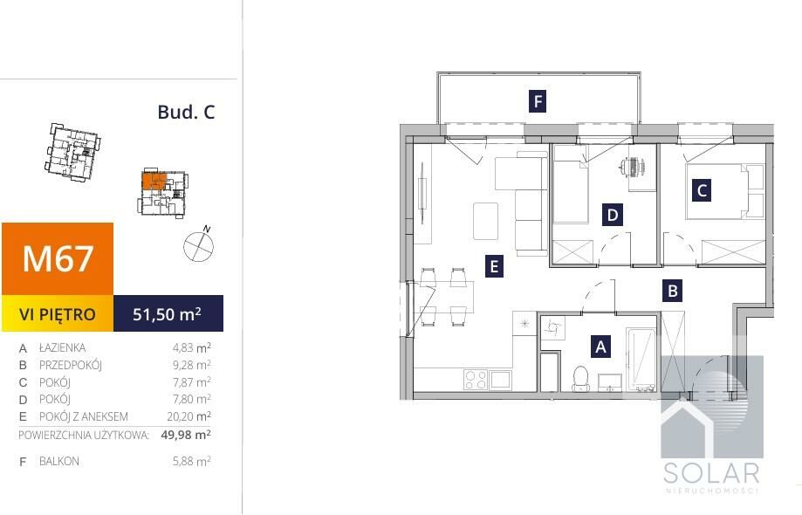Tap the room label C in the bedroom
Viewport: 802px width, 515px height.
702,190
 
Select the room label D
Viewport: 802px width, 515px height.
613,215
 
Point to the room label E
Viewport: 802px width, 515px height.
494,266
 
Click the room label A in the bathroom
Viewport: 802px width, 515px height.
600,347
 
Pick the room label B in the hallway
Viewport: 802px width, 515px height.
673,291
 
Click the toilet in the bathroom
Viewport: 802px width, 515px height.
580,379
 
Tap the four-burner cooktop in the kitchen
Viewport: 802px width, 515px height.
475,380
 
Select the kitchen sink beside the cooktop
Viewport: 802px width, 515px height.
501,380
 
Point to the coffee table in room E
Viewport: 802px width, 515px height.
485,221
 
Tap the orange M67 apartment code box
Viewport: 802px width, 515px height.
58,258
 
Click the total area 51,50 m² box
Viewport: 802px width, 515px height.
168,313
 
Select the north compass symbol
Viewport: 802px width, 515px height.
199,245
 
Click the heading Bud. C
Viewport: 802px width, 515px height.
186,112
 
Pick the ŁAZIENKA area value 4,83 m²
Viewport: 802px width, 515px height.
192,347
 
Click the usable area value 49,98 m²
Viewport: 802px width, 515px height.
186,435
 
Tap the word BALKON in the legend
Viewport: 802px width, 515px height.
59,461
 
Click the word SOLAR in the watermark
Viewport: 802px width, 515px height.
711,473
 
